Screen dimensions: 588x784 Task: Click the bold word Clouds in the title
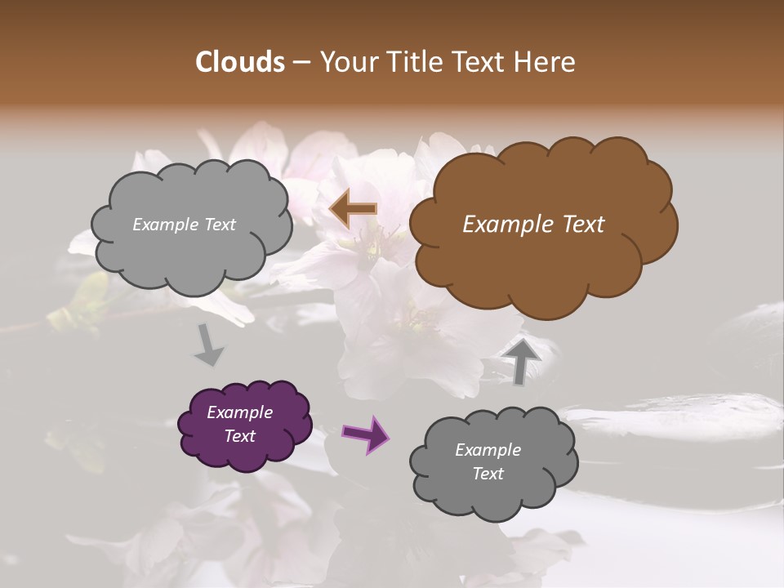(240, 62)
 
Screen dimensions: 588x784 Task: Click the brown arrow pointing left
(354, 208)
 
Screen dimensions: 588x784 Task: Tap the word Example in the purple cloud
(240, 412)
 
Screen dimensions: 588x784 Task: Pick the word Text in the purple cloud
(240, 436)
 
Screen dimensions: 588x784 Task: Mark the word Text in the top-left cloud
(219, 225)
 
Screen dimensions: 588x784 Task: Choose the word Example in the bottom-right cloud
(488, 450)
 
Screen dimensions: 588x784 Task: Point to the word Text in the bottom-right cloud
(488, 474)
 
